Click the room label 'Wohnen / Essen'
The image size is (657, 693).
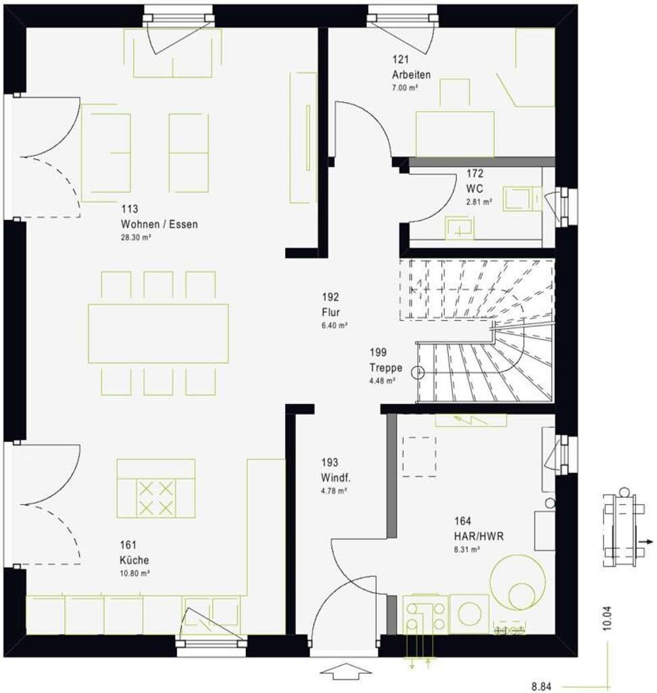point(159,224)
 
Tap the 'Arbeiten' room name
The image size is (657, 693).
point(410,74)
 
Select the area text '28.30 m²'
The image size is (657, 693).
point(136,238)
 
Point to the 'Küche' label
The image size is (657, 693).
point(135,560)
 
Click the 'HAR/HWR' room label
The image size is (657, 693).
point(478,536)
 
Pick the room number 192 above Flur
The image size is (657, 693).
point(331,297)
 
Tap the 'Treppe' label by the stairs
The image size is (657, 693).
point(385,367)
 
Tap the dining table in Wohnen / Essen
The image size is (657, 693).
point(157,333)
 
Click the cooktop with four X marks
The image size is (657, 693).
point(156,497)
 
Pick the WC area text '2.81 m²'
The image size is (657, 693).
point(478,201)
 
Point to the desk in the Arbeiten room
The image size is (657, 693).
point(454,132)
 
